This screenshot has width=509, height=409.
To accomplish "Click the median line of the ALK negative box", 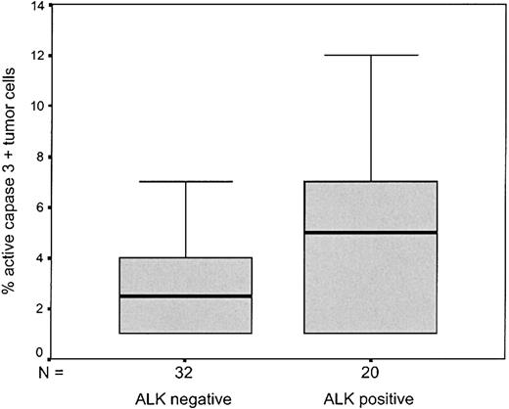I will (184, 295).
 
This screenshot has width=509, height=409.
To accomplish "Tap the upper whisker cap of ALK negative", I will (184, 181).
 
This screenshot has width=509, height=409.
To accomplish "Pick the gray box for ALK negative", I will (184, 315).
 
